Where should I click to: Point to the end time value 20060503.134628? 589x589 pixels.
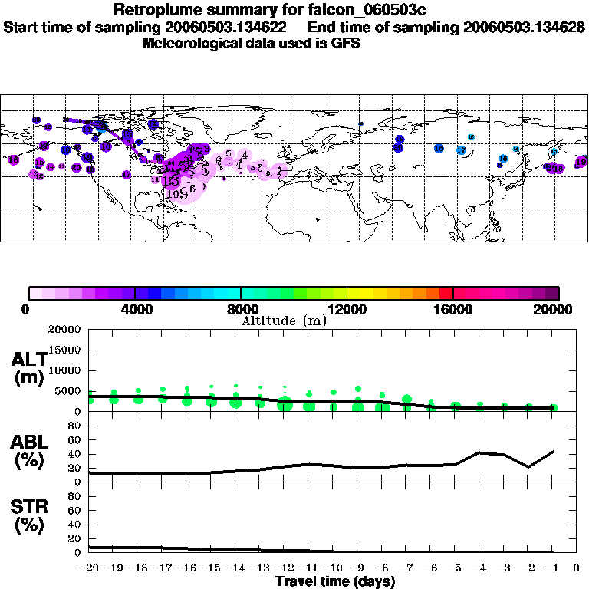(524, 27)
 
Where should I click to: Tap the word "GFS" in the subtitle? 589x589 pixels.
(345, 43)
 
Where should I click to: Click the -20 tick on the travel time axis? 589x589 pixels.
(89, 568)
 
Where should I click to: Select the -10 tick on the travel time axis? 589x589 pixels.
(333, 568)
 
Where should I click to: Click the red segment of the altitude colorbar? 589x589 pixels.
(446, 293)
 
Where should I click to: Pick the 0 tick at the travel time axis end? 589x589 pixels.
(577, 568)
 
